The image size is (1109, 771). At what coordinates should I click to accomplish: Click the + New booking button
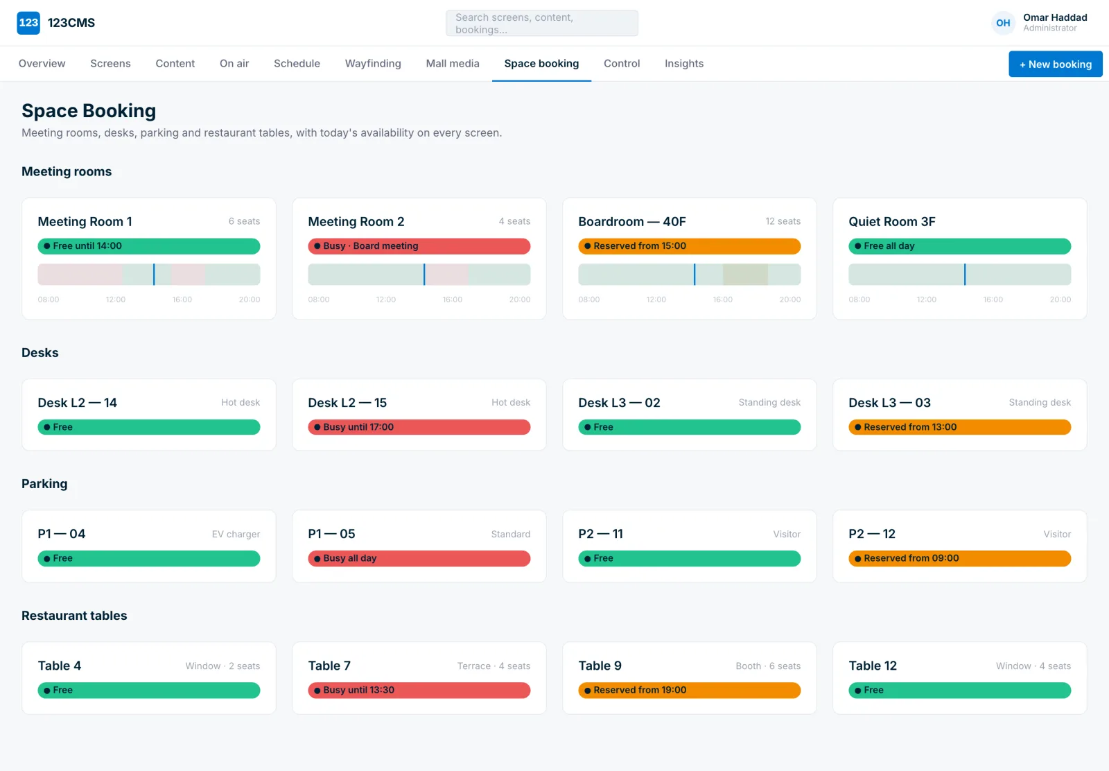click(x=1055, y=64)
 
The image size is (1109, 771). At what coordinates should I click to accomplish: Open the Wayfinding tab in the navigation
click(x=373, y=63)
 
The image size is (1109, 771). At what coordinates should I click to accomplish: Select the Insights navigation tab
click(x=683, y=63)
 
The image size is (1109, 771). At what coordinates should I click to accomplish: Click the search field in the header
click(x=541, y=24)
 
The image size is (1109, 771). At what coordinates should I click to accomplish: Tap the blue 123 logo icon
click(x=28, y=23)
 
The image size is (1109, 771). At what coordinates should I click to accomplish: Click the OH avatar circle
click(x=1003, y=23)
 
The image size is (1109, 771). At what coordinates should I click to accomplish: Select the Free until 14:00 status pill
click(x=148, y=246)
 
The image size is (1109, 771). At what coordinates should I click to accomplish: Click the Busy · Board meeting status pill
click(x=419, y=246)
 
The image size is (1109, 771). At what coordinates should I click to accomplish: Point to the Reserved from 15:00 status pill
click(x=689, y=246)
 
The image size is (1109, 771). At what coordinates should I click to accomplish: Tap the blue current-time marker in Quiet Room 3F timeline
click(x=964, y=275)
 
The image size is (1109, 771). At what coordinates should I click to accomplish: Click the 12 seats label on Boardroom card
click(x=783, y=221)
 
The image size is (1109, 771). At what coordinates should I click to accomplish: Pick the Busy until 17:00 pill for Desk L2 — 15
click(x=419, y=427)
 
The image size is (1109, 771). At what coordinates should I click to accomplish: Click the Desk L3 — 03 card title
click(x=889, y=403)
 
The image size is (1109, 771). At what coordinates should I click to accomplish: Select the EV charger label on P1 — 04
click(x=236, y=534)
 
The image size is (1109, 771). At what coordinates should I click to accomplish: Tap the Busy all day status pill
click(x=419, y=558)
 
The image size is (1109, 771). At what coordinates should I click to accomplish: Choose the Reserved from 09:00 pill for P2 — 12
click(x=959, y=558)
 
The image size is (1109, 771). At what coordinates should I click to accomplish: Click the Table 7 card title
click(x=329, y=666)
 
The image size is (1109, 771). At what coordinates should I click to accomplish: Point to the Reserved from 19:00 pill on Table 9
click(x=689, y=690)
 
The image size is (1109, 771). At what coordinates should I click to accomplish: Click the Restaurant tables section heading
click(x=74, y=616)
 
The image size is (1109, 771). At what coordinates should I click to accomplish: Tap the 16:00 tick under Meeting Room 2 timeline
click(x=452, y=300)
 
